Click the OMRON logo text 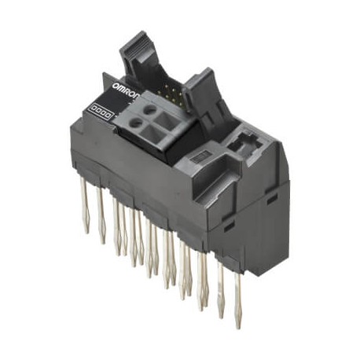(x=125, y=86)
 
